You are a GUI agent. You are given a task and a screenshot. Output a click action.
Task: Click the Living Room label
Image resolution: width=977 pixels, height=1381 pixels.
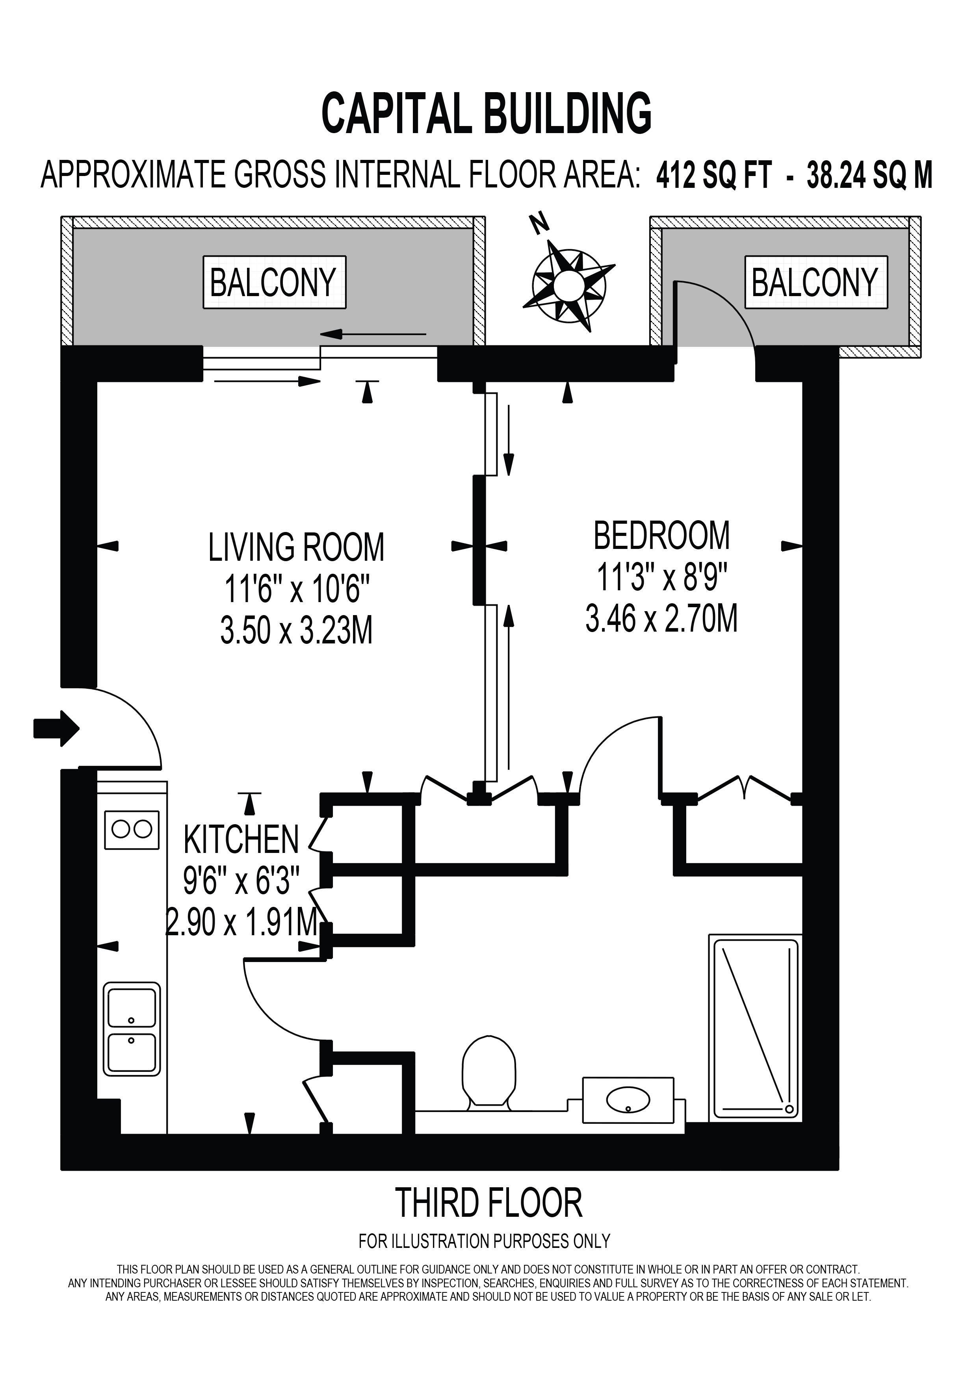pos(296,547)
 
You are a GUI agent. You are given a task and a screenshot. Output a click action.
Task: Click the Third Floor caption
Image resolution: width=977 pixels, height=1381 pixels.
pos(489,1203)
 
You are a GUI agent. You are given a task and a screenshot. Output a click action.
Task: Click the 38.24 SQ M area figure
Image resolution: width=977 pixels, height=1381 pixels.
pos(870,176)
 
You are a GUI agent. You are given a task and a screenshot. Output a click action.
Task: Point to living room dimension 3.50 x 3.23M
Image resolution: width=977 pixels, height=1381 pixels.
pos(297,632)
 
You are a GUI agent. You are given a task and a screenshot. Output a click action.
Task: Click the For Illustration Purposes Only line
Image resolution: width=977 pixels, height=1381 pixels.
pos(484,1240)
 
